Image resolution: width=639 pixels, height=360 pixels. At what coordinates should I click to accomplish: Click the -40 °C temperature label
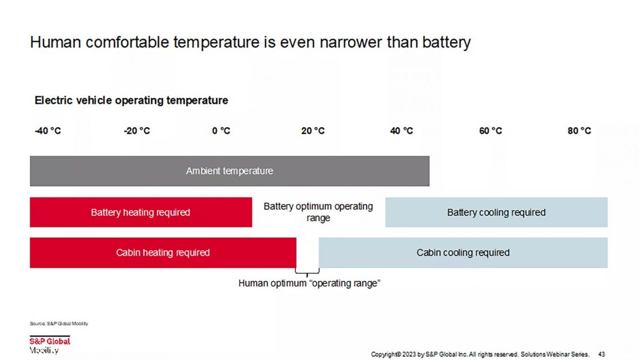(48, 131)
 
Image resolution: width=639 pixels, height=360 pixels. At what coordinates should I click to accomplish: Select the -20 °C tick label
(137, 131)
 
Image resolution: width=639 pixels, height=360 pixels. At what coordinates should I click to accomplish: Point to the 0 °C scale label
(221, 131)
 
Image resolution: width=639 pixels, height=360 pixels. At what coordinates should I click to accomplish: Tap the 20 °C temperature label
(313, 131)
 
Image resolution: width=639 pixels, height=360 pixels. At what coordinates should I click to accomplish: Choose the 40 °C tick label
(401, 131)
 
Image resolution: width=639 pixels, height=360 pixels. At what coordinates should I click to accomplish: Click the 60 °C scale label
(490, 131)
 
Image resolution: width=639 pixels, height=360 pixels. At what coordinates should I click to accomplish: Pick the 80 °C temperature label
(579, 131)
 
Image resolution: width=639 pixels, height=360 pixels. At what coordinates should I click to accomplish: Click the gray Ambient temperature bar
(229, 171)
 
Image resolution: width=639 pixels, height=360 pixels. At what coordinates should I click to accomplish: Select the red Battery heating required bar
(141, 213)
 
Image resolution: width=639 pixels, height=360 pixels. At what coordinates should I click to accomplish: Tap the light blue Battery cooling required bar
(496, 213)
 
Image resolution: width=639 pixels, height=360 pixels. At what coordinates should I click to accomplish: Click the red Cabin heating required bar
(163, 253)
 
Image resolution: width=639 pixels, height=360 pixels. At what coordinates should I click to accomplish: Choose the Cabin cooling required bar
(463, 253)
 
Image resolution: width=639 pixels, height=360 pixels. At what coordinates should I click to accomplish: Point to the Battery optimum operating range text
(318, 212)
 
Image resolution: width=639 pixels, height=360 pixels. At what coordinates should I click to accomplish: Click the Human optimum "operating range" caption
(309, 284)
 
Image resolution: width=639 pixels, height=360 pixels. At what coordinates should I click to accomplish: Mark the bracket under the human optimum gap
(307, 271)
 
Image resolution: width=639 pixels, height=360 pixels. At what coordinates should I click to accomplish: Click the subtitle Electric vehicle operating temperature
(131, 101)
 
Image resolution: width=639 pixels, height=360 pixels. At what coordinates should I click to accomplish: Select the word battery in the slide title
(442, 43)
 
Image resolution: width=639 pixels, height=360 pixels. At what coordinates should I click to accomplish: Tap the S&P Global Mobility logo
(50, 345)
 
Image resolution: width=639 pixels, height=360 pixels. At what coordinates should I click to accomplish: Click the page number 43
(601, 354)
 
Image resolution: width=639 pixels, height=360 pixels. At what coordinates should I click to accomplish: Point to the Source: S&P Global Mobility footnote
(59, 324)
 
